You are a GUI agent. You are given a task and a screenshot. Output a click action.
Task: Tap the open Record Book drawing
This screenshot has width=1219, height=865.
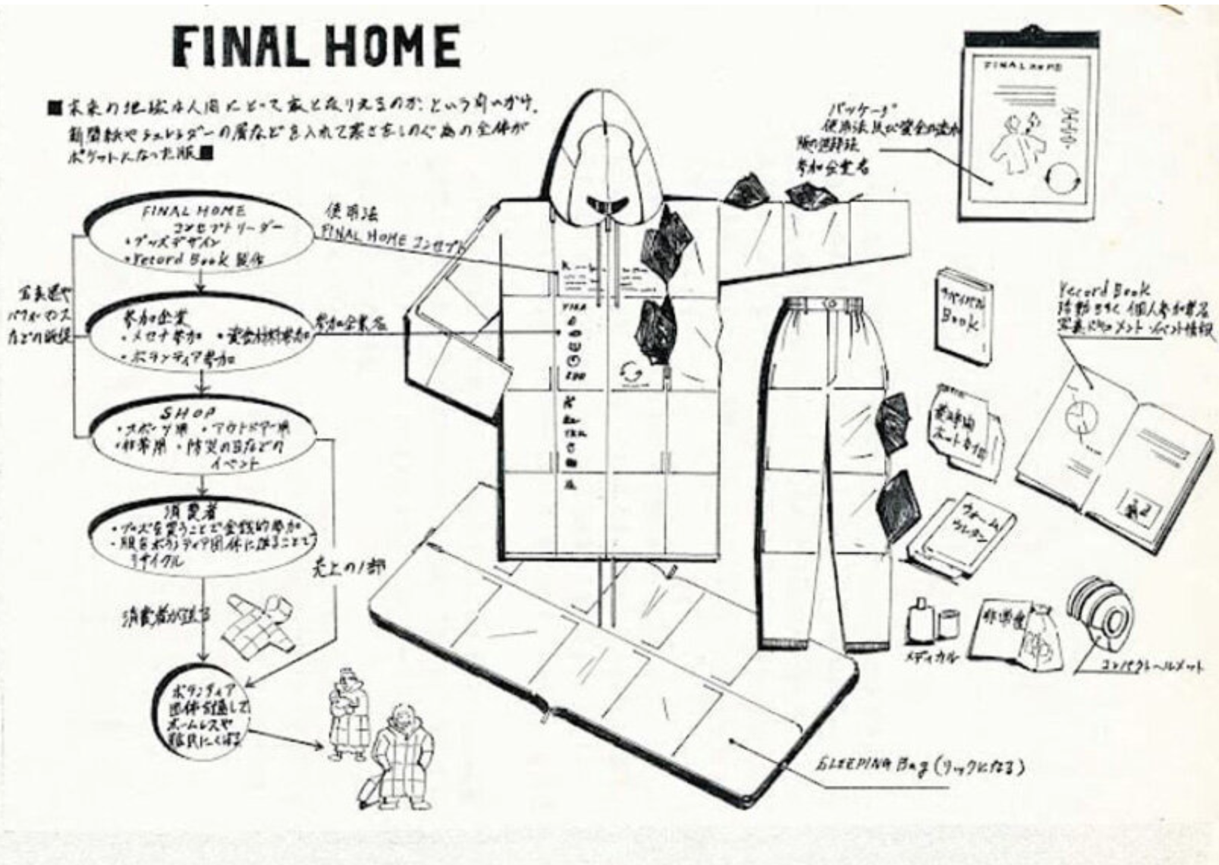pos(1115,455)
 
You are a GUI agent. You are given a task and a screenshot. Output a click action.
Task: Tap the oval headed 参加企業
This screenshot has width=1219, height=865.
pos(200,334)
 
